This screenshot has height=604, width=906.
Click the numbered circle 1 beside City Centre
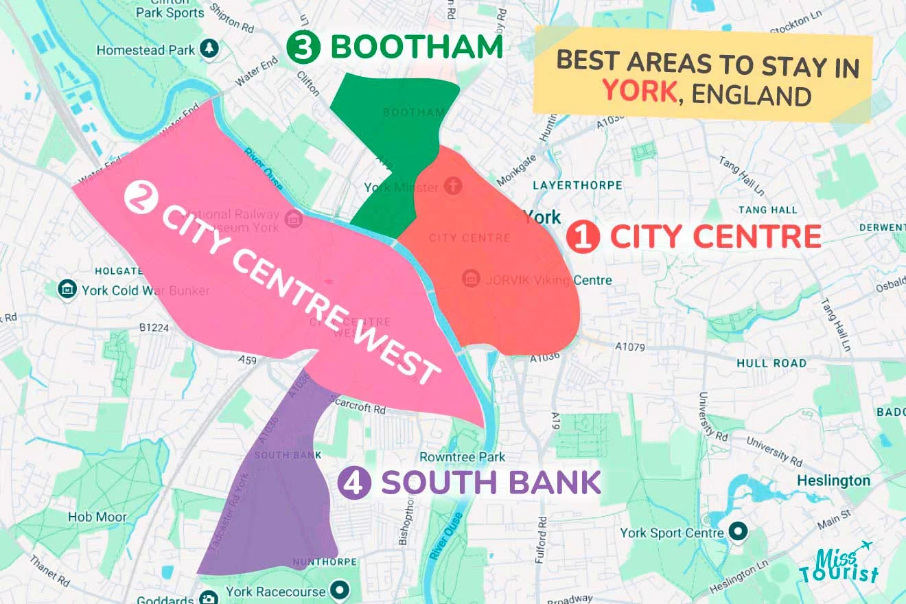tap(583, 237)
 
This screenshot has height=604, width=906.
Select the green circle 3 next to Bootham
tap(303, 47)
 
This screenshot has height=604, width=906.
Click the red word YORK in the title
tap(639, 90)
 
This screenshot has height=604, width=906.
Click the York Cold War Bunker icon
tap(67, 290)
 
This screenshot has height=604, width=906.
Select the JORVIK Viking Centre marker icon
tap(471, 279)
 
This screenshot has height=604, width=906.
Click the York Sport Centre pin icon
tap(738, 532)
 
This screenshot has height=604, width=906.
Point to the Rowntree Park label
tap(462, 457)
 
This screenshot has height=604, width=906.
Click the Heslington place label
tap(833, 481)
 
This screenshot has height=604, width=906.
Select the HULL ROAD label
tap(771, 362)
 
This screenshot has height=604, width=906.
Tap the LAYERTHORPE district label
tap(577, 185)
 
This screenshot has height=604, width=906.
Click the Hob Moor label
tap(97, 517)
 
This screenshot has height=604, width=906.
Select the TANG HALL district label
tap(767, 210)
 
